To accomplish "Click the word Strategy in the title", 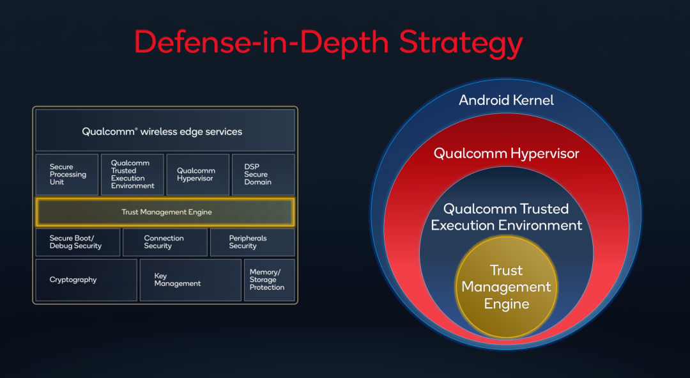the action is point(461,43).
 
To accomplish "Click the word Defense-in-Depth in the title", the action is point(261,43).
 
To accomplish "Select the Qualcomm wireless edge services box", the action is point(165,130).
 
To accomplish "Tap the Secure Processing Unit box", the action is point(67,175).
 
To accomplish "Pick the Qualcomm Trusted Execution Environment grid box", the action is point(132,175).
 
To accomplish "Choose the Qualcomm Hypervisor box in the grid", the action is point(198,175).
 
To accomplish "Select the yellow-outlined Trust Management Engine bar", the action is point(165,212).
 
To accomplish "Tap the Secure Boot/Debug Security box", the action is point(78,242).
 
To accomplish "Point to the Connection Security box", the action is point(165,242).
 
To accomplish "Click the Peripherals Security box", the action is point(252,242).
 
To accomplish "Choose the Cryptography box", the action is point(86,280).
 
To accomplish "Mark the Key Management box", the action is point(190,280).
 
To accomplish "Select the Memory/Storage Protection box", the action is point(270,280).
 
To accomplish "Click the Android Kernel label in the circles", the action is point(506,100).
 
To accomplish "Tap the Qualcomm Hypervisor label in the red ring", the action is point(506,154).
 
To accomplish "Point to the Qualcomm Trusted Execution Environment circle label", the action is point(506,217).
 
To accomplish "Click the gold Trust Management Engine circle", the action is point(507,287).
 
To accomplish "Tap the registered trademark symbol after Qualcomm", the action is point(136,129).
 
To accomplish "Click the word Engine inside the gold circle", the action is point(507,304).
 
